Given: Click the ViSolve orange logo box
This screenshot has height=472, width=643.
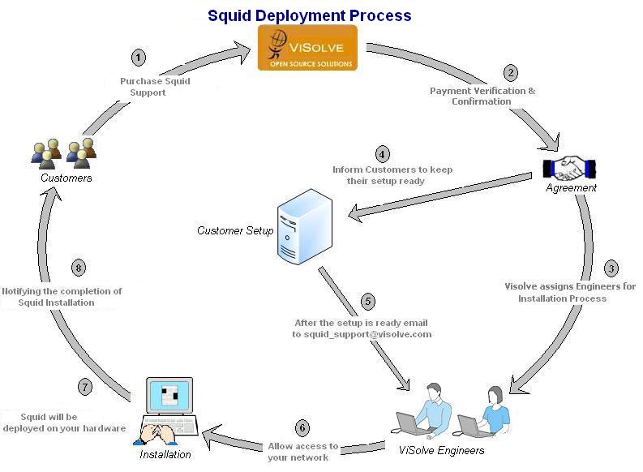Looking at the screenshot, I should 307,47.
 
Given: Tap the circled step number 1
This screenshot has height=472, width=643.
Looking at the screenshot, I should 139,58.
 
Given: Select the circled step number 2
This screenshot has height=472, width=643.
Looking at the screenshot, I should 511,73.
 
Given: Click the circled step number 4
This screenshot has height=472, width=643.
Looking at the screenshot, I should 381,153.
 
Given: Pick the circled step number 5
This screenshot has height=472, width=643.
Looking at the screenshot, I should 369,302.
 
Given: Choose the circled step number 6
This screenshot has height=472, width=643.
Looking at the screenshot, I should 302,427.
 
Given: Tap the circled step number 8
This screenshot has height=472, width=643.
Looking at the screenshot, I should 79,268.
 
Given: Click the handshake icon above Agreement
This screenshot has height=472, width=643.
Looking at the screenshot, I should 570,168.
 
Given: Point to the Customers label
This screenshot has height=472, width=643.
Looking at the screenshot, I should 67,178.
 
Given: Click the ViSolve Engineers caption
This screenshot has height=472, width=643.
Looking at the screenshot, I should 442,450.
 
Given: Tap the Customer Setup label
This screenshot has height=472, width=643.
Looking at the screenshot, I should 235,231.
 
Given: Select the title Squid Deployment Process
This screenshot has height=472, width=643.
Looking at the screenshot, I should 310,15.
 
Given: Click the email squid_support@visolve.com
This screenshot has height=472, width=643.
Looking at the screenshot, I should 362,333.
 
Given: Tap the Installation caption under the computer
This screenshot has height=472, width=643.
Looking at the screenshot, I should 165,454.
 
